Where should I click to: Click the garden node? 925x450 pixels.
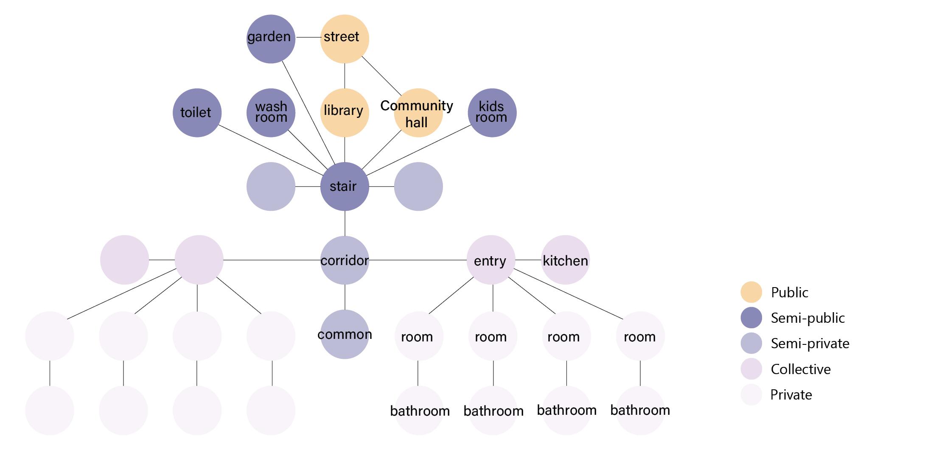pos(271,39)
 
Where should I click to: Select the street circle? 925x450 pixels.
pos(345,39)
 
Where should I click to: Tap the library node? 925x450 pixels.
pos(345,113)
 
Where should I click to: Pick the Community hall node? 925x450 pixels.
pos(418,113)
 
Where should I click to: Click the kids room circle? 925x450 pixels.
pos(492,113)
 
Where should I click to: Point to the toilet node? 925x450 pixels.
pos(197,113)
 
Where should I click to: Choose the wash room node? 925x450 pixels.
pos(271,113)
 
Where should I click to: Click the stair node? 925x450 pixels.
pos(345,187)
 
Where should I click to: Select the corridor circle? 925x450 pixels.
pos(345,260)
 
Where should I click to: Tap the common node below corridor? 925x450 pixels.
pos(345,334)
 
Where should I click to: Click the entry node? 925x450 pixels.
pos(491,260)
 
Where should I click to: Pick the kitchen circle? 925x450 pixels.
pos(566,260)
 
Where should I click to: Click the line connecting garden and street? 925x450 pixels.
pos(308,37)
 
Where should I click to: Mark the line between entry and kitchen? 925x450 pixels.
pos(528,260)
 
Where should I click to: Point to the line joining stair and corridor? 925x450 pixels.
pos(345,224)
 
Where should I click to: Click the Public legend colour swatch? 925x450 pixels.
pos(751,292)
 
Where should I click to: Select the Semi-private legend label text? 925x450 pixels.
pos(810,344)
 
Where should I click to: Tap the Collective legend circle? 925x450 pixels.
pos(751,369)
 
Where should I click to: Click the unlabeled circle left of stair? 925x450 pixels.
pos(271,187)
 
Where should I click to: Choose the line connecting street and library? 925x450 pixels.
pos(345,76)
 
